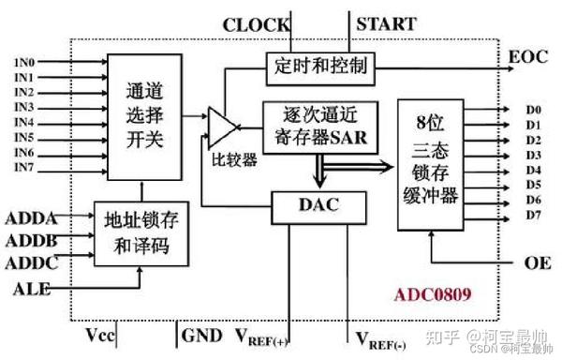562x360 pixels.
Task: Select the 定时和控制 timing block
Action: coord(321,67)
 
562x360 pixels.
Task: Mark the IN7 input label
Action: coord(24,167)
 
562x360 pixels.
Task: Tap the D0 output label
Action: coord(533,110)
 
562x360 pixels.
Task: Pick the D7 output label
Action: coord(533,216)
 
